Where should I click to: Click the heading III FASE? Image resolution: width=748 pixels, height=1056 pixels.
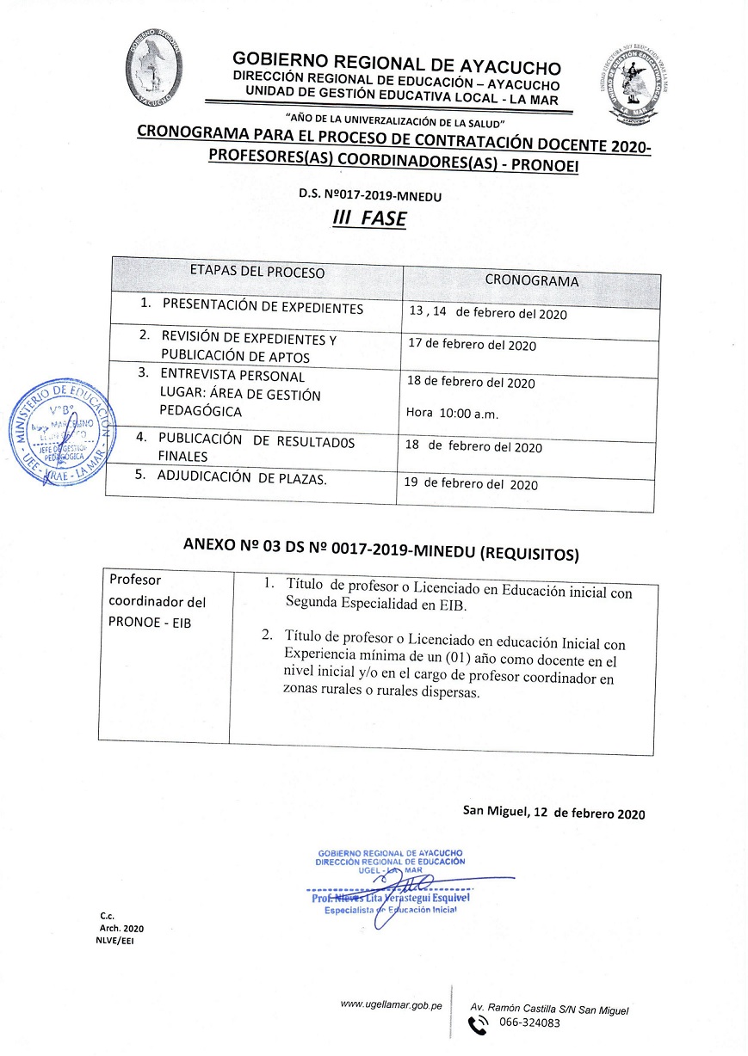(369, 218)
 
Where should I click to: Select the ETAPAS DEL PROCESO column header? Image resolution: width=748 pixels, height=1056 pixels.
(257, 273)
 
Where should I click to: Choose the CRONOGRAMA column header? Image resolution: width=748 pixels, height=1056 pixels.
(531, 280)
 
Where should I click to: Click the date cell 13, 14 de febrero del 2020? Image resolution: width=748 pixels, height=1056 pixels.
(488, 313)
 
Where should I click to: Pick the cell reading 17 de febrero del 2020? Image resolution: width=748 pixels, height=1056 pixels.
(473, 346)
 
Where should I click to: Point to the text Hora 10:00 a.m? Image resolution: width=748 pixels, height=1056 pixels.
(452, 414)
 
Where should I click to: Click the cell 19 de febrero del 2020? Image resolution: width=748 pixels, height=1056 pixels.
(471, 484)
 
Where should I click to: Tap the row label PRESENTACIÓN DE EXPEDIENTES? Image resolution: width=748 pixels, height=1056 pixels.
(262, 308)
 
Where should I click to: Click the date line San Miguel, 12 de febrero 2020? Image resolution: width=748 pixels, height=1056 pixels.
(553, 813)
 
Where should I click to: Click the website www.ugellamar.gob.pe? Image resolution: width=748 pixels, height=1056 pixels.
(391, 1004)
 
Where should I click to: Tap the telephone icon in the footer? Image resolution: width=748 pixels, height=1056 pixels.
(477, 1024)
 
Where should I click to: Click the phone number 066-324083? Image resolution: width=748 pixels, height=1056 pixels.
(529, 1023)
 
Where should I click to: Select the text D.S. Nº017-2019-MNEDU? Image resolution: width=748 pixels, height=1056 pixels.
(369, 194)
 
